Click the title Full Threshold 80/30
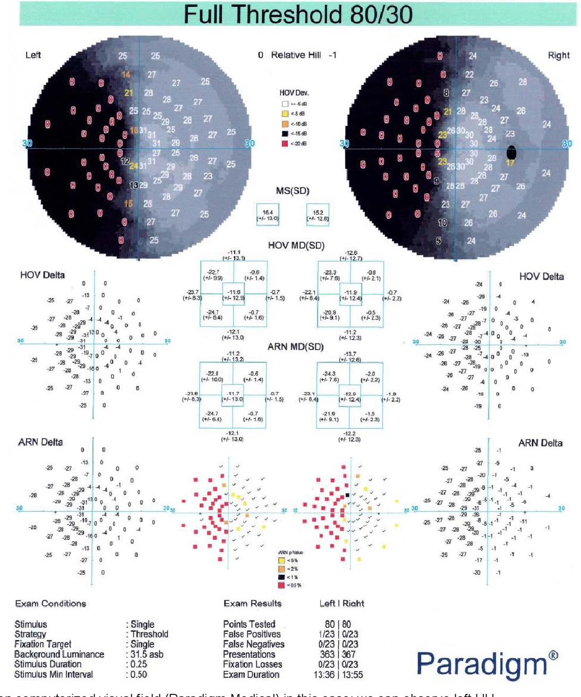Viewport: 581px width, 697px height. click(298, 14)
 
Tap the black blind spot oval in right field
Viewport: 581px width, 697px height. click(511, 153)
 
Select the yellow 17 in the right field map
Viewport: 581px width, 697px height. click(510, 163)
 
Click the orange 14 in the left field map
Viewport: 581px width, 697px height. click(126, 74)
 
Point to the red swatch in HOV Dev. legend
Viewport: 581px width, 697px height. click(285, 143)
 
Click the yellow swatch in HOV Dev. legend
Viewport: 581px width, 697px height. click(285, 114)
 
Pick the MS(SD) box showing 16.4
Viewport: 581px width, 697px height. click(268, 215)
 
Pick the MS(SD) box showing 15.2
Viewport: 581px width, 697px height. click(318, 215)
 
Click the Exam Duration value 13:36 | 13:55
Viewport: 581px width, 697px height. click(338, 675)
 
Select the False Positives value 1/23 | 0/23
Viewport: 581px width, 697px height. click(338, 634)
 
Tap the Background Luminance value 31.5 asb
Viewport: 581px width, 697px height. click(147, 654)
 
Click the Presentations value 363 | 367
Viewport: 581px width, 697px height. click(338, 654)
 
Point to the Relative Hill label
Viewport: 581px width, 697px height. click(296, 55)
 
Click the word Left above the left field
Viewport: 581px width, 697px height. click(33, 55)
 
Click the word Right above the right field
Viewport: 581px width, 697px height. click(559, 55)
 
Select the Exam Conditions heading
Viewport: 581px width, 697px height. click(50, 603)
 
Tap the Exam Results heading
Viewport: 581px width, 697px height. click(252, 603)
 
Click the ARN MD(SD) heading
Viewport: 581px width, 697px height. click(296, 347)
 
